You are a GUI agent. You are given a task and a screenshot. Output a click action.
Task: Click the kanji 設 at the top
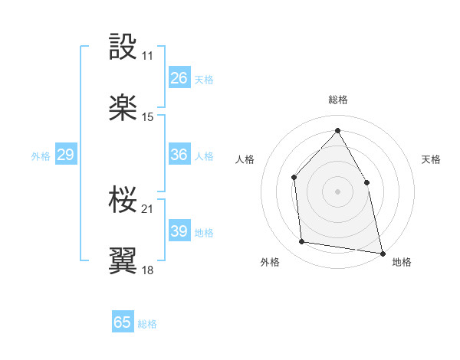pos(123,46)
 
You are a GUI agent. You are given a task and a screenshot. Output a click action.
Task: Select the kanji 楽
pos(123,107)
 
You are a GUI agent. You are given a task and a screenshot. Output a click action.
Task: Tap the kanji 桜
pos(123,199)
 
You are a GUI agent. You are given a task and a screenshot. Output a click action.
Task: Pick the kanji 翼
pos(123,260)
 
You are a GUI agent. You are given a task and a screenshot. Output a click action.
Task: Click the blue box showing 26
pos(179,77)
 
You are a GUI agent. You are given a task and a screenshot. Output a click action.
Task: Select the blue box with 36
pos(179,155)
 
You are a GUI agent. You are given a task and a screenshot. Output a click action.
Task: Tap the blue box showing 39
pos(179,231)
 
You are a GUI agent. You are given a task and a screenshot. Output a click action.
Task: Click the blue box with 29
pos(65,155)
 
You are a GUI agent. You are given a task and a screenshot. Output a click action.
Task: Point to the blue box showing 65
pos(123,322)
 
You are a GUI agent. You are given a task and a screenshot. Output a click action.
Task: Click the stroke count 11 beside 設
pos(147,56)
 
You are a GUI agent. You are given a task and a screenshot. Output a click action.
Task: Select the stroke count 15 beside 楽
pos(148,117)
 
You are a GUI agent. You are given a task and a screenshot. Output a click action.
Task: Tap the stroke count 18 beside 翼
pos(148,270)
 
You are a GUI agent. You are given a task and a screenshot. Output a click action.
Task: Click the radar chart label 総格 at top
pos(338,100)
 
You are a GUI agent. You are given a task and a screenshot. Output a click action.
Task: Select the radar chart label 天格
pos(431,159)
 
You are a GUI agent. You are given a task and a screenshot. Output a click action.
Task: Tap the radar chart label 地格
pos(402,262)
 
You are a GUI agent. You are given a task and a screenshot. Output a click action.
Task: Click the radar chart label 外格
pos(270,262)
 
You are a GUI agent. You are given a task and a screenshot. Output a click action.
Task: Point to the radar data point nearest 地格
pos(381,252)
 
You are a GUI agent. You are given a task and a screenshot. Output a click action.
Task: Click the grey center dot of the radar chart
pos(337,191)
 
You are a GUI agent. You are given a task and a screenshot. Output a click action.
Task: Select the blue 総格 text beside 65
pos(147,324)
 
